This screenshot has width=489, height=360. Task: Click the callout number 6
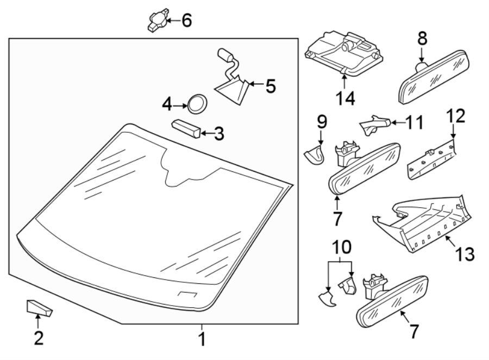coord(186,21)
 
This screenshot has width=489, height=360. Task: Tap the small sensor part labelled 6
coord(156,21)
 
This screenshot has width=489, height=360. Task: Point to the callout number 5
coord(269,85)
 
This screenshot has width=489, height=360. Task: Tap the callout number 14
coord(345,98)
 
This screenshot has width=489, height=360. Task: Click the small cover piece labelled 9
coord(315,156)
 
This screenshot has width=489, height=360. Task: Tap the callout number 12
coord(456,116)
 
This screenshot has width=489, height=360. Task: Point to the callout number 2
coord(39,338)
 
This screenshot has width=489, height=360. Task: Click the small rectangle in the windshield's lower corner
coord(187,295)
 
